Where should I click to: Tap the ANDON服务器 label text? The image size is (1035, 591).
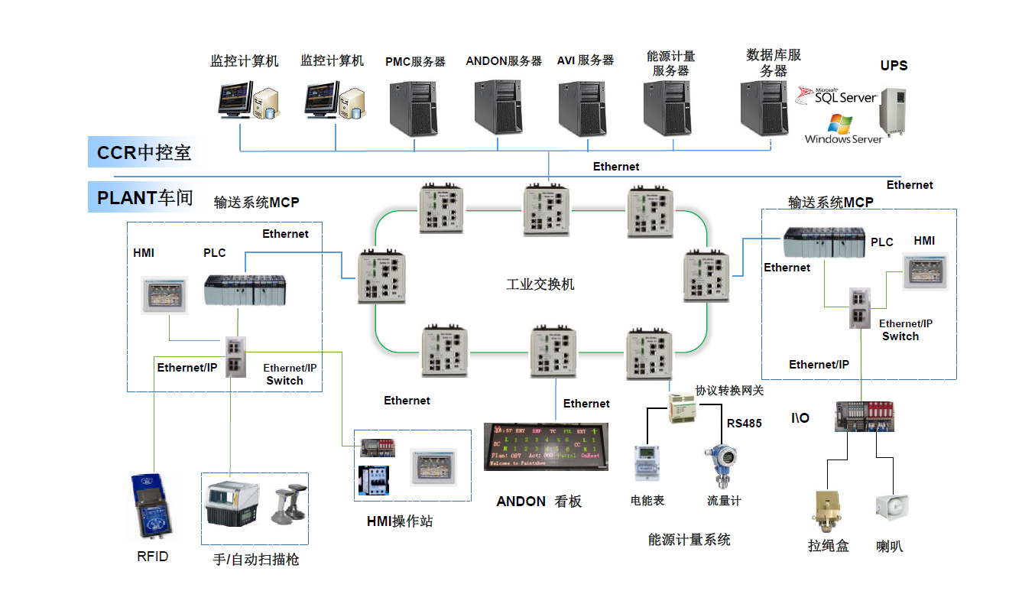tap(504, 61)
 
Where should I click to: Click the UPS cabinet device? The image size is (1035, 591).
tap(892, 113)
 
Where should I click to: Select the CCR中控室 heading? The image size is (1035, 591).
tap(144, 153)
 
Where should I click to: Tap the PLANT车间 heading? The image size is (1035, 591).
tap(144, 198)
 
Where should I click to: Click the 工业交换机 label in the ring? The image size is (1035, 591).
tap(540, 284)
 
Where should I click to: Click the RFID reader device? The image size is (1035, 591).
tap(153, 505)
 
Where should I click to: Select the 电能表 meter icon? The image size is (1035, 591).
tap(645, 463)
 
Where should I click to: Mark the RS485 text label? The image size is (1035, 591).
tap(744, 424)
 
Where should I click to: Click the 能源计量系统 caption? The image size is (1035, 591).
tap(689, 540)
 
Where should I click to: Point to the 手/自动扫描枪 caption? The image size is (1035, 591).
tap(255, 560)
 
